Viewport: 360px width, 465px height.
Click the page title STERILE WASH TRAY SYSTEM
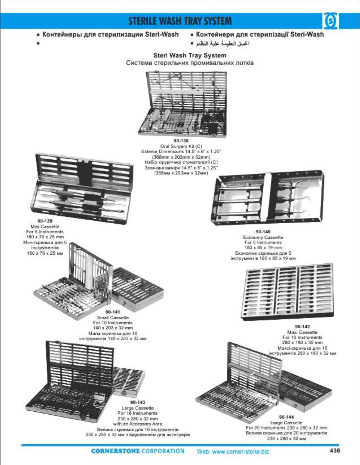(x=180, y=21)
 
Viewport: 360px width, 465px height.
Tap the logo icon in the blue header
(x=330, y=22)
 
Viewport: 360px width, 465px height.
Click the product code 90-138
(x=181, y=141)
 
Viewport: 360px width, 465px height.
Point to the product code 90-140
(x=263, y=232)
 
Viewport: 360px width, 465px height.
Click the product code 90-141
(x=112, y=312)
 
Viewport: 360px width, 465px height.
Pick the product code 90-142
(x=302, y=327)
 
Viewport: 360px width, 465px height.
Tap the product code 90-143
(x=138, y=403)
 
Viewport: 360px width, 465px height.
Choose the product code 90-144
(x=286, y=417)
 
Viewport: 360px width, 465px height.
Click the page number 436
(x=334, y=450)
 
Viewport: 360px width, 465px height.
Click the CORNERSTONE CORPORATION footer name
(x=138, y=451)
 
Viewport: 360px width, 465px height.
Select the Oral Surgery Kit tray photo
(x=183, y=104)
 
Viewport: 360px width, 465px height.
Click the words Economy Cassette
(x=263, y=237)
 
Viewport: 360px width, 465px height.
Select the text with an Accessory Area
(x=138, y=424)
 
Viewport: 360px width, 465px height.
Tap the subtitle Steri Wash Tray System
(x=189, y=55)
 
